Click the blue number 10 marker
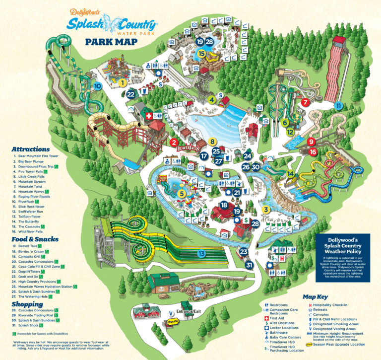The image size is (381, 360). tap(97, 86)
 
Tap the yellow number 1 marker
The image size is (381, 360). tap(122, 83)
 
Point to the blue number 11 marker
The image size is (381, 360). tap(338, 106)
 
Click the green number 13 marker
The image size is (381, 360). tap(201, 254)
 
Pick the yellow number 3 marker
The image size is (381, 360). tap(266, 210)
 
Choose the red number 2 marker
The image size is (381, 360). tap(174, 143)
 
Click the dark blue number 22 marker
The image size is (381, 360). tap(130, 94)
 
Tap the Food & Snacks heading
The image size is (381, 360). tap(35, 239)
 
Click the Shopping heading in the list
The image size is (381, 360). tap(28, 304)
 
